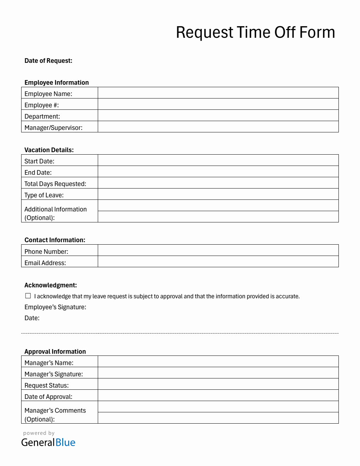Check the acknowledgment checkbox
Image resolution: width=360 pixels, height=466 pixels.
coord(28,296)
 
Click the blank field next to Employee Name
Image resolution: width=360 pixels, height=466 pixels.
coord(218,93)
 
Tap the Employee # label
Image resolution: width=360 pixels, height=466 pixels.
coord(42,105)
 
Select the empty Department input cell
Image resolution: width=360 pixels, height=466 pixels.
coord(218,115)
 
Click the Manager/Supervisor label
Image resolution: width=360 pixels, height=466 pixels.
coord(53,128)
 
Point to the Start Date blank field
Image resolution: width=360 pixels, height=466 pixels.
coord(218,160)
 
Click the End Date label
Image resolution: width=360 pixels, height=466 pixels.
coord(38,173)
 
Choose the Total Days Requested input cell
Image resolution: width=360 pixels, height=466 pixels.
coord(218,183)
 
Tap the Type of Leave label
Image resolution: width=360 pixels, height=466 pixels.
coord(44,195)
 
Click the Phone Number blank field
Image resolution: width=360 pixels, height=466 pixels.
coord(218,250)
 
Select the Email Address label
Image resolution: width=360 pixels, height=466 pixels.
coord(45,263)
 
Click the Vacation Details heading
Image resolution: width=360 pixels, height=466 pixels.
coord(49,150)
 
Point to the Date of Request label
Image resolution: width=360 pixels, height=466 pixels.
coord(48,61)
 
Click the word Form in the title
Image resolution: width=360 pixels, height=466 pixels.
coord(317,32)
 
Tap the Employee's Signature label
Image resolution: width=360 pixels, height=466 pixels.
coord(55,307)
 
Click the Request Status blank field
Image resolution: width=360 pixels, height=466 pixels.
coord(218,384)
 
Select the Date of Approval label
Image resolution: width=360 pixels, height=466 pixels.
coord(48,397)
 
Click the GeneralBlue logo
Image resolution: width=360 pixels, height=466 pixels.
coord(48,442)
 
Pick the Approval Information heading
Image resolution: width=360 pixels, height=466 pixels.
coord(55,352)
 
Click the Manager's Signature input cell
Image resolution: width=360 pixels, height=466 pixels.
coord(218,373)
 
